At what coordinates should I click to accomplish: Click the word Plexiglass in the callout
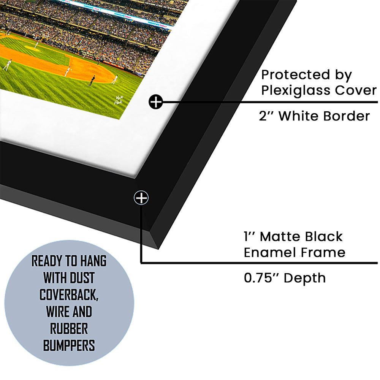click(x=296, y=91)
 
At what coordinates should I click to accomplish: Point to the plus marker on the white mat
click(x=155, y=102)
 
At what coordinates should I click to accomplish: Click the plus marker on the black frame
click(x=141, y=198)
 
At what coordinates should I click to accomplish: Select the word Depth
click(x=305, y=278)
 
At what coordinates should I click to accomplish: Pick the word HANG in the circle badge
click(x=93, y=261)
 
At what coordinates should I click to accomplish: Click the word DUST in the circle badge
click(x=82, y=278)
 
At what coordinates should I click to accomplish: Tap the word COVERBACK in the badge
click(x=69, y=295)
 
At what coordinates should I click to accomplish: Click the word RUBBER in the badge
click(x=69, y=329)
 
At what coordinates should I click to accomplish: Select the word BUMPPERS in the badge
click(x=69, y=345)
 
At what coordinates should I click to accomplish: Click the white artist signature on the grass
click(x=119, y=100)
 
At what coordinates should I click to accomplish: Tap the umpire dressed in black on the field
click(x=92, y=81)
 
